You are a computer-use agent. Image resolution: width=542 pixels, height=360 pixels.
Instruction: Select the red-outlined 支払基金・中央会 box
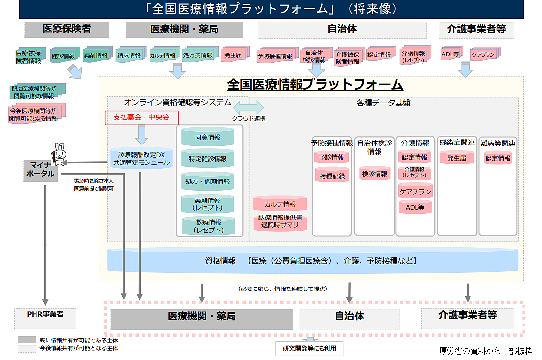[142, 118]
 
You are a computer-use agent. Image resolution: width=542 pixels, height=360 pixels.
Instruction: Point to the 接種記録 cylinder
[332, 176]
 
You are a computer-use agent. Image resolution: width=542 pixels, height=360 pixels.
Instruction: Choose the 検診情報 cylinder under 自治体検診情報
[375, 173]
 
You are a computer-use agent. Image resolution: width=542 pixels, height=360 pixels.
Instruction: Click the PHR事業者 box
[45, 315]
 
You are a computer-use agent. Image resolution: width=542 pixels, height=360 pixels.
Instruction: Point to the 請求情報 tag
[129, 55]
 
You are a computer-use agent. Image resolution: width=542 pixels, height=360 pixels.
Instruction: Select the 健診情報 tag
[63, 56]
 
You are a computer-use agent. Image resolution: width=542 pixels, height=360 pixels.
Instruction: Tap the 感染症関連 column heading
[457, 143]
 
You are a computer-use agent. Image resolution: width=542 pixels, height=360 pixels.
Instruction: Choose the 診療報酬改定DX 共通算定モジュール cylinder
[142, 158]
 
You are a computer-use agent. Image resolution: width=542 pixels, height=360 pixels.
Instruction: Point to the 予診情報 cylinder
[332, 157]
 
